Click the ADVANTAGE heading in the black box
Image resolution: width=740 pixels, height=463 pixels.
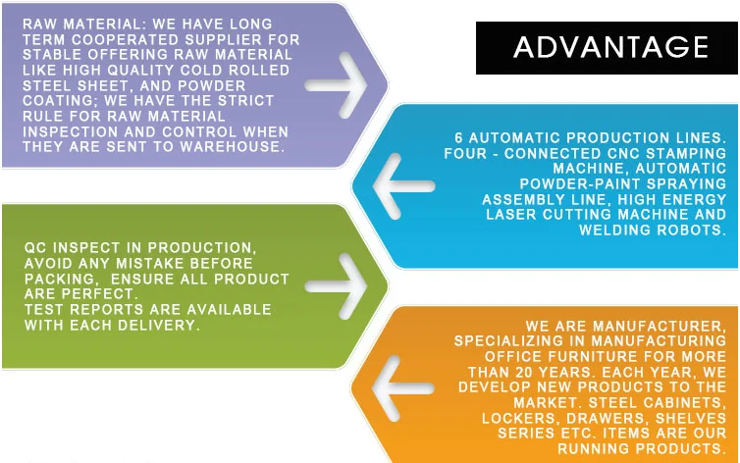click(609, 47)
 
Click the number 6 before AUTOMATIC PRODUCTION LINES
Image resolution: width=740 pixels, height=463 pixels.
click(459, 138)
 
